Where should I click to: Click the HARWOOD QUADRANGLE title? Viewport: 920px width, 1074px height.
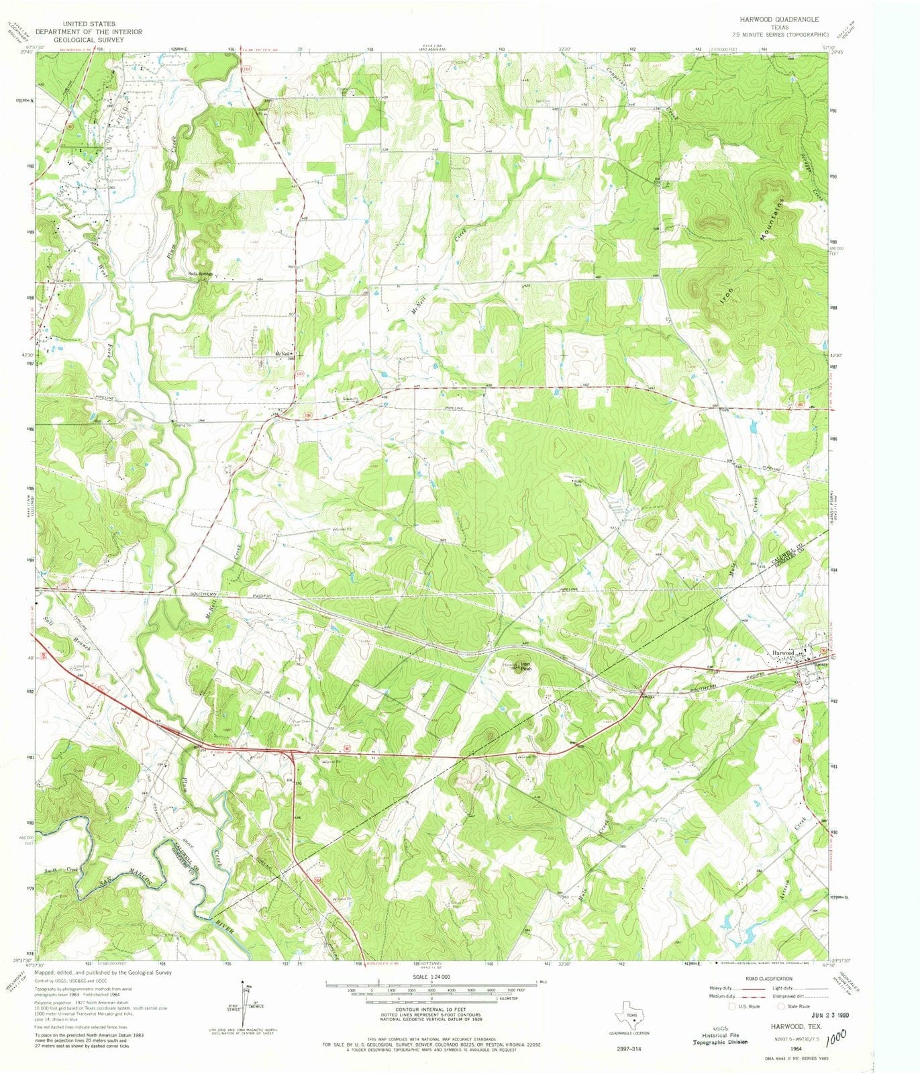[x=778, y=20]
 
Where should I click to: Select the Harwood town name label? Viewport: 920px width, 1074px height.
[x=782, y=652]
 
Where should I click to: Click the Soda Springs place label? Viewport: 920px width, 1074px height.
[x=200, y=274]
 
